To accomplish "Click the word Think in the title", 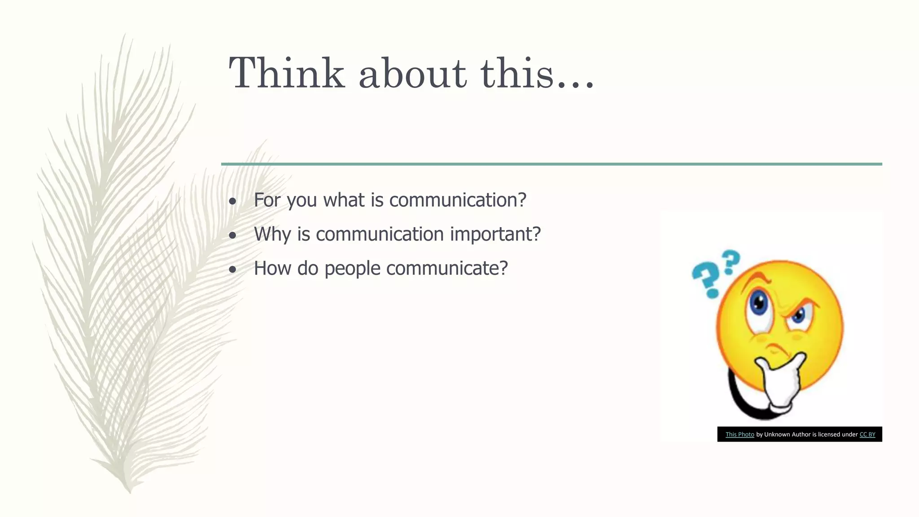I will [x=287, y=73].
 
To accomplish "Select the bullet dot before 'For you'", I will [x=232, y=202].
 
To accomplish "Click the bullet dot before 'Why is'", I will [x=232, y=236].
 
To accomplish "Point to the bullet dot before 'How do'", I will [x=232, y=270].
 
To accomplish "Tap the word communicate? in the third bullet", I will [x=447, y=268].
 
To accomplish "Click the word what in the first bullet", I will [x=344, y=200].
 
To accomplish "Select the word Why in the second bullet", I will [x=272, y=234].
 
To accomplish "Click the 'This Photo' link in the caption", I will [x=740, y=434].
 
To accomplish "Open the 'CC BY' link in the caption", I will [x=867, y=434].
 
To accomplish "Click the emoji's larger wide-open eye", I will [x=759, y=304].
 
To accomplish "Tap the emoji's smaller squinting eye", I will [x=799, y=315].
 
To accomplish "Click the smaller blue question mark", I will [x=731, y=262].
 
